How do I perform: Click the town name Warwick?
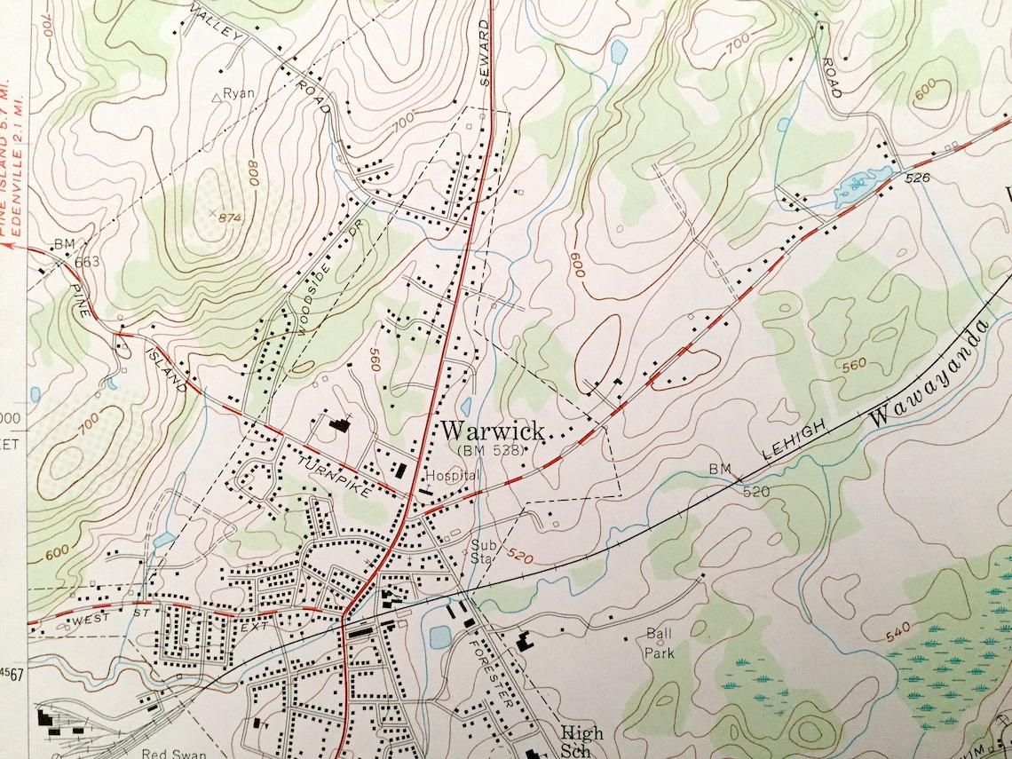click(x=493, y=431)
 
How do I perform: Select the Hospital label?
click(x=453, y=476)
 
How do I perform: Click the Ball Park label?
click(x=660, y=644)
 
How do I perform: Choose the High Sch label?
click(x=581, y=742)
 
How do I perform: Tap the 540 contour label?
click(x=897, y=633)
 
